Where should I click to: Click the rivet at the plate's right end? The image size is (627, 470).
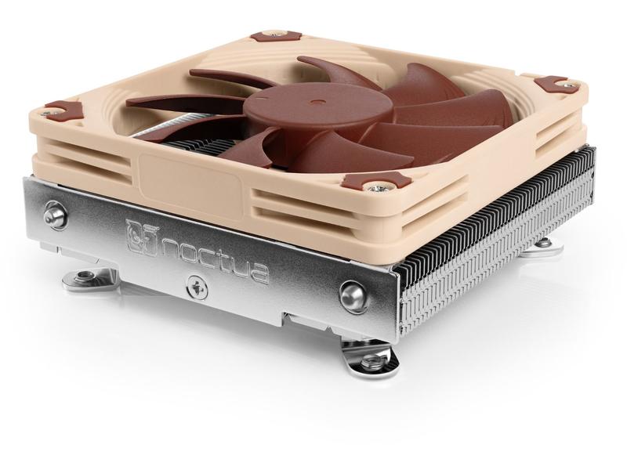point(350,295)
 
